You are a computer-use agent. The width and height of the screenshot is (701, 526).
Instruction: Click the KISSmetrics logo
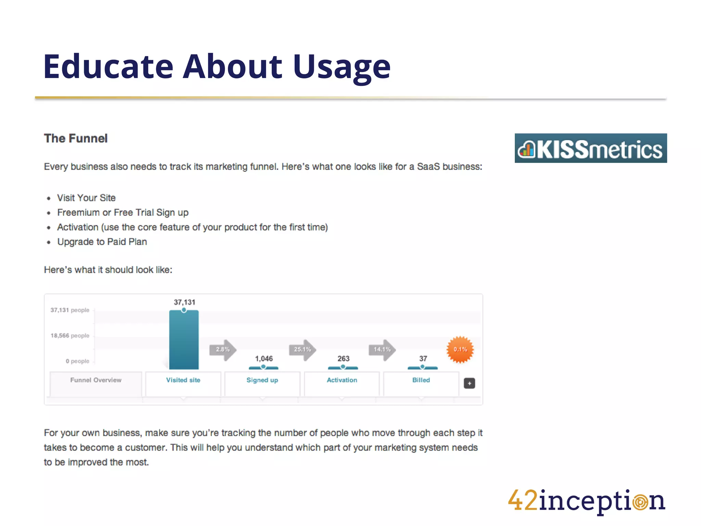[590, 148]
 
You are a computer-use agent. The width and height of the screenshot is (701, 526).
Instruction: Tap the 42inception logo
[586, 501]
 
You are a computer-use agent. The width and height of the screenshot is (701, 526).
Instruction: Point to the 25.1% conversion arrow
[303, 350]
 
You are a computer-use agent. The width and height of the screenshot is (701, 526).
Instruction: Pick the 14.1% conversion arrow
[382, 350]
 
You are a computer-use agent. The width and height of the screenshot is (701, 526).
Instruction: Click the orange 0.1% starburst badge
[460, 350]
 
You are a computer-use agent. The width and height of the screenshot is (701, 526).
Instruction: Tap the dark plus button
[469, 383]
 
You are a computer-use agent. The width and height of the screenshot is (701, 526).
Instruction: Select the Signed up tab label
[262, 380]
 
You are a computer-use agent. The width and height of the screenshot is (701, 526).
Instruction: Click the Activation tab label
[342, 380]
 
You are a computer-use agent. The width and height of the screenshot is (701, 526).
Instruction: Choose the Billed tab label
[421, 380]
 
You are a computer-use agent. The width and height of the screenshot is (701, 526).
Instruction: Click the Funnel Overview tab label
[96, 380]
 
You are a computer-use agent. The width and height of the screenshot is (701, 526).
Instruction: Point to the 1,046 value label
[264, 359]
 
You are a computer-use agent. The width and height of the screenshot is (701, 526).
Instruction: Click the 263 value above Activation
[343, 359]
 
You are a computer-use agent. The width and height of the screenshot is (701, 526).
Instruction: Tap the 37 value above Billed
[423, 359]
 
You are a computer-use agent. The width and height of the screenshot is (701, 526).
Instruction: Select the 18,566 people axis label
[70, 336]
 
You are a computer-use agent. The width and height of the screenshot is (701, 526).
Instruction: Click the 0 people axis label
[77, 361]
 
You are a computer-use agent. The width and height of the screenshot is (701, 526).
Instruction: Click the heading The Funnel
[76, 138]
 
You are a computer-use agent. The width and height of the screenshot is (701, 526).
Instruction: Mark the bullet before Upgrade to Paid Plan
[49, 242]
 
